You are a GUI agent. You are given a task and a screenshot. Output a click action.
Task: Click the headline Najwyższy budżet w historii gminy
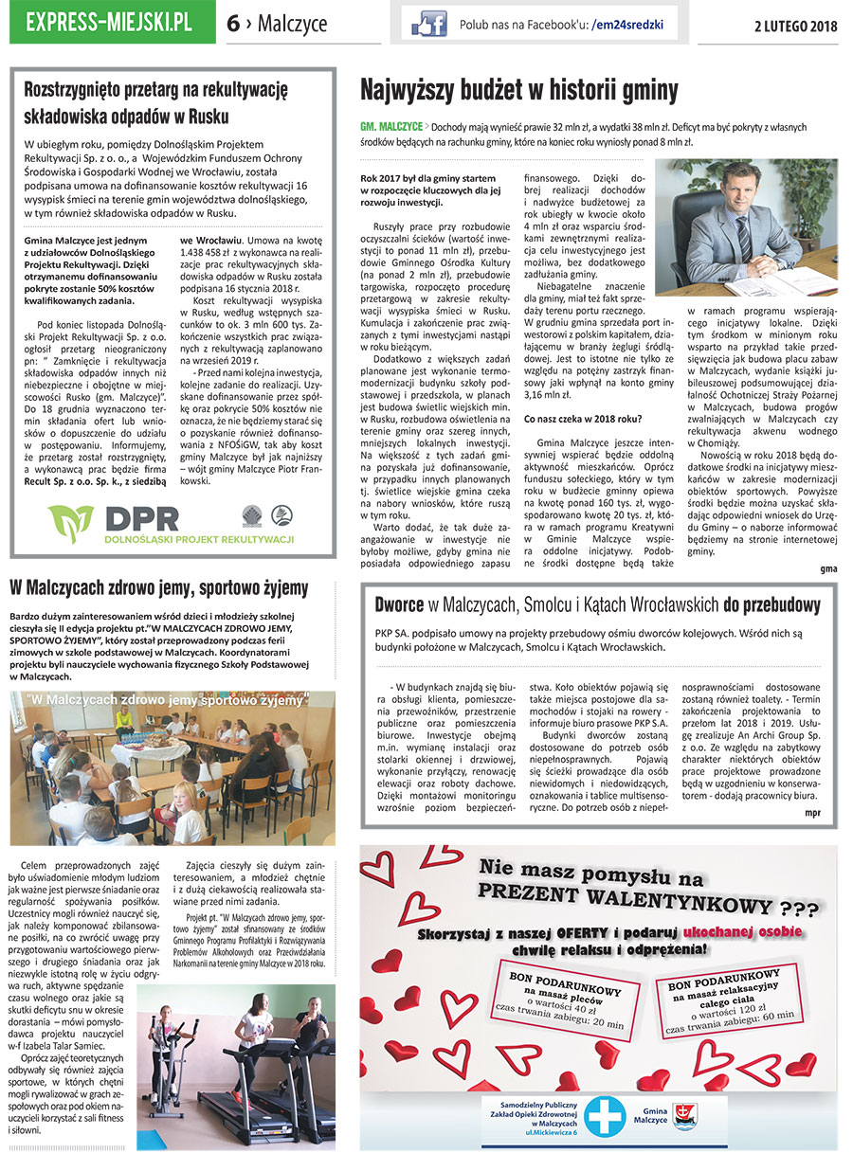pyautogui.click(x=519, y=90)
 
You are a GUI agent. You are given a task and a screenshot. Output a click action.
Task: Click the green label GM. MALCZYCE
pyautogui.click(x=390, y=125)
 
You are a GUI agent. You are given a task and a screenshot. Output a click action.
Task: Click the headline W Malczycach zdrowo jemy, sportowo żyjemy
pyautogui.click(x=158, y=588)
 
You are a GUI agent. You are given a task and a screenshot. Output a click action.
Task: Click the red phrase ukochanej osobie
pyautogui.click(x=742, y=932)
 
